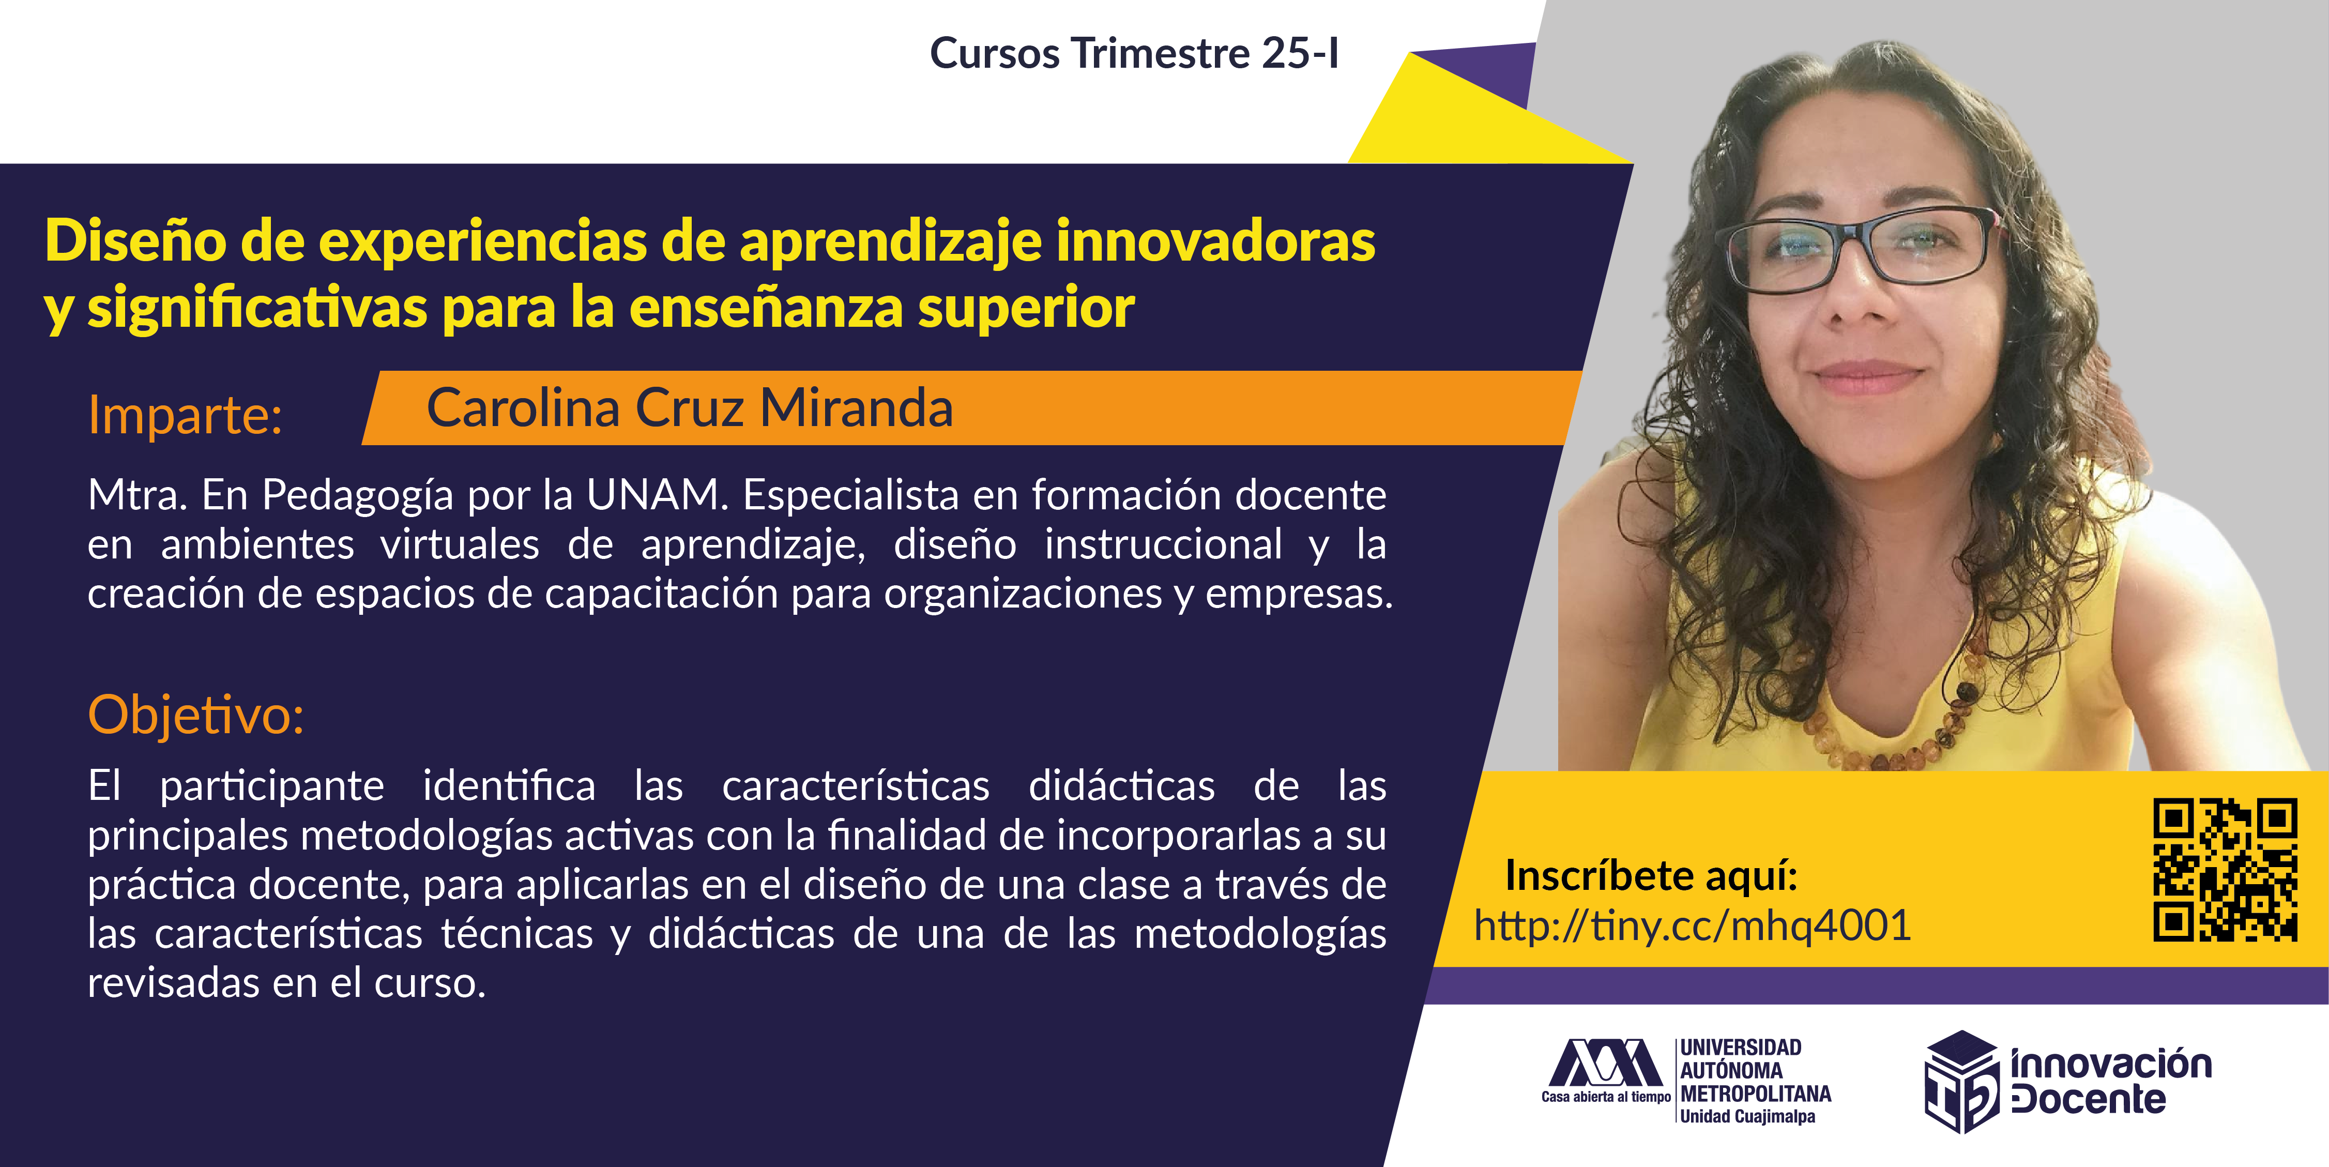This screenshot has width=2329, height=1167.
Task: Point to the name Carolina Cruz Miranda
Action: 690,407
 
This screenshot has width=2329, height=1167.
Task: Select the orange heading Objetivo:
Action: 196,716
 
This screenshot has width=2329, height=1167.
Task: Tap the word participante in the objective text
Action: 272,785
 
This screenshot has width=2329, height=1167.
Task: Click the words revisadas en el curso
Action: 286,982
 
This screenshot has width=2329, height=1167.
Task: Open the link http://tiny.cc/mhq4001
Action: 1693,926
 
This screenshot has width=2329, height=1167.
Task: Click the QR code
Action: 2225,870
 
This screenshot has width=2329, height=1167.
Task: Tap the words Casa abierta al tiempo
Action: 1606,1097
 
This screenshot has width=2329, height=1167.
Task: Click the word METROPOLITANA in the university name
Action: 1756,1094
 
